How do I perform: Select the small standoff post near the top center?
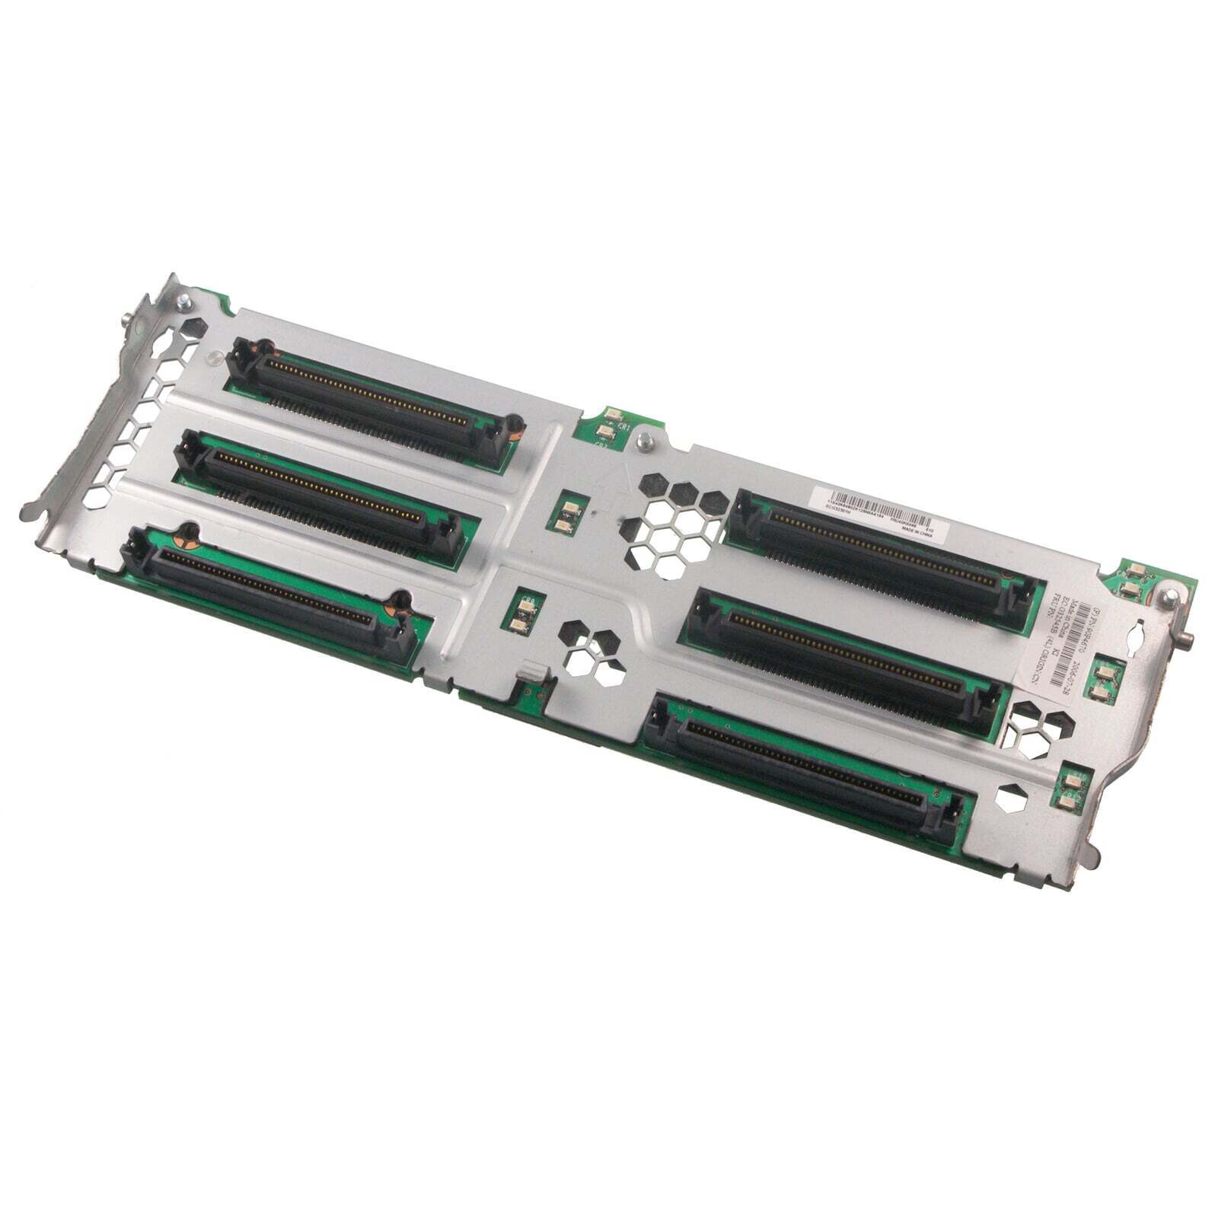(x=644, y=439)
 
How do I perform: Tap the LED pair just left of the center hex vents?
(x=564, y=517)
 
